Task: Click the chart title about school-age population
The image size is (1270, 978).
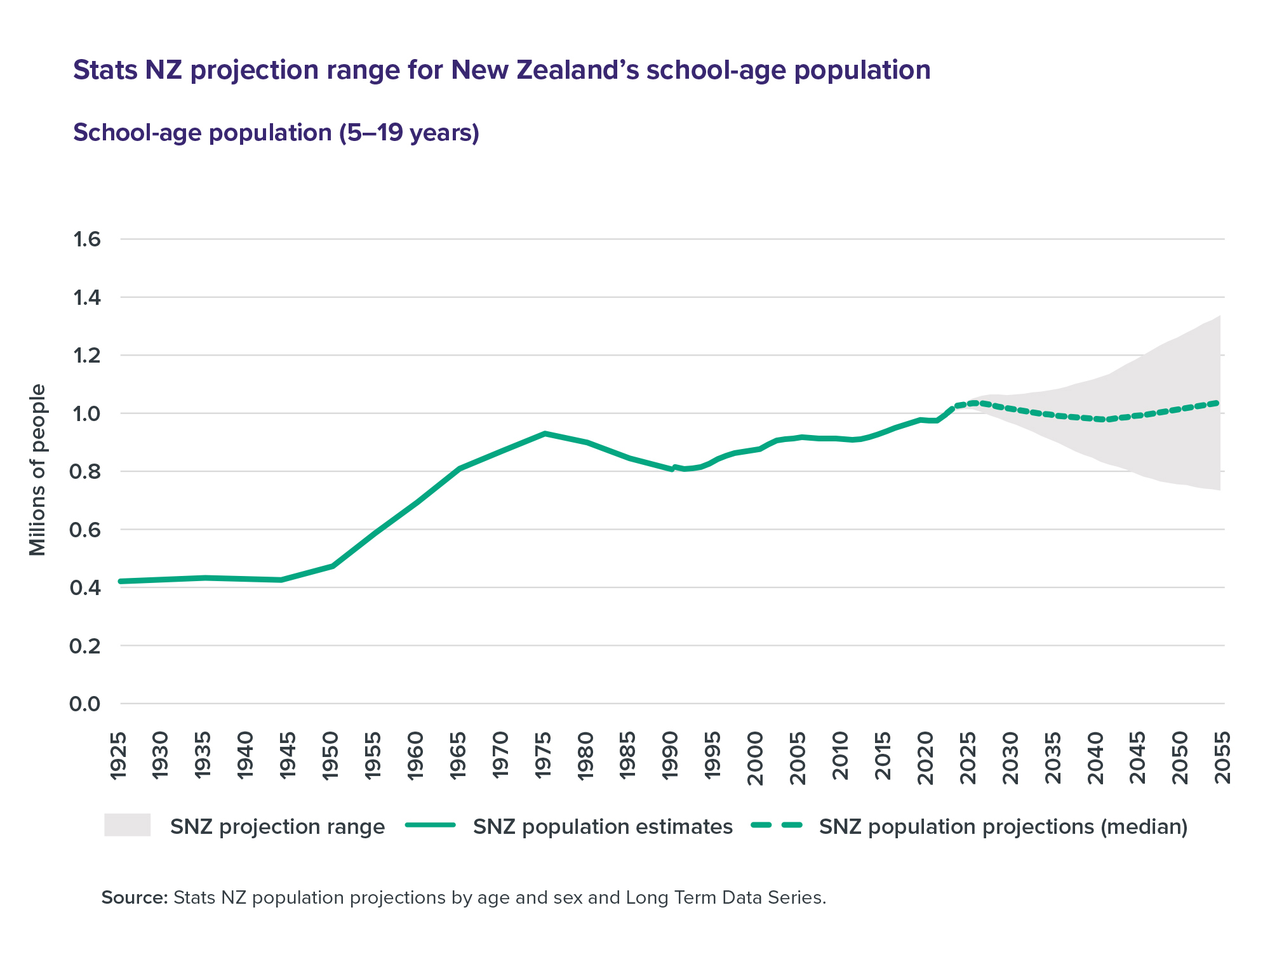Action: (502, 70)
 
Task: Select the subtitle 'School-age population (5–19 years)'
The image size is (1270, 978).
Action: (276, 133)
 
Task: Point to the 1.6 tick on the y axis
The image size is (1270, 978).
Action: (87, 239)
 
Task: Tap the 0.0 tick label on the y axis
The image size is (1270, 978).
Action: (87, 704)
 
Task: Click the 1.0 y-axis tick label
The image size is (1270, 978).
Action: (87, 413)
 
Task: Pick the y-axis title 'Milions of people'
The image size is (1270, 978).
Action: (38, 470)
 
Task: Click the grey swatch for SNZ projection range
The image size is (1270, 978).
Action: (127, 825)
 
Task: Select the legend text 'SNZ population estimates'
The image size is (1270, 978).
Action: (603, 827)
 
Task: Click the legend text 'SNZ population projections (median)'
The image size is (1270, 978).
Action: (1003, 827)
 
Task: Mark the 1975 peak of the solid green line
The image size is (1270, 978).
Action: (544, 433)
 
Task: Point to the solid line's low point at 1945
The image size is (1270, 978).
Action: (281, 580)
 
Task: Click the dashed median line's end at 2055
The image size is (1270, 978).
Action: (1217, 403)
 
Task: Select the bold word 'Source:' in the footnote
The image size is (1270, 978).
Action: (134, 897)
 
